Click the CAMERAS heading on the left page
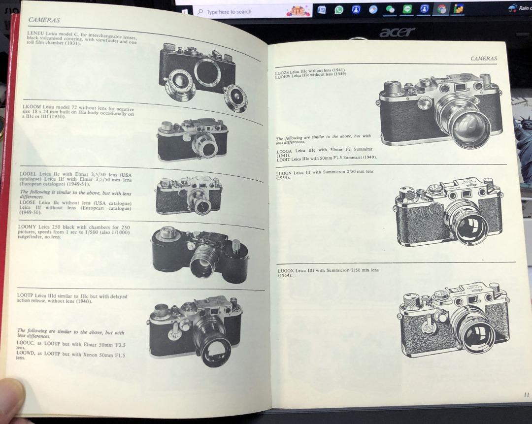coord(44,20)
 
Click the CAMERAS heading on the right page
coord(483,58)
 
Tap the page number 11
coord(526,394)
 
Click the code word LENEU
coord(35,33)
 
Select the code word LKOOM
coord(32,106)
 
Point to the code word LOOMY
coord(29,227)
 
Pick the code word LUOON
coord(285,172)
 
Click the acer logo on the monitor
coord(397,33)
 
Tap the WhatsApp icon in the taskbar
coord(338,9)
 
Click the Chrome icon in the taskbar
coord(442,9)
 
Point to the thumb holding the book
coord(11,399)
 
